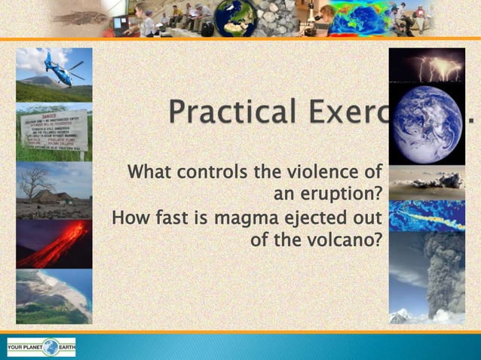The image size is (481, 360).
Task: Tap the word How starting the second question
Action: click(x=129, y=218)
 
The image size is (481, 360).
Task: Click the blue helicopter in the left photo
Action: click(x=63, y=68)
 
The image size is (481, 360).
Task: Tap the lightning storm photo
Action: click(x=427, y=66)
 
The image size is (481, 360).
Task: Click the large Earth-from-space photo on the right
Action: click(x=427, y=124)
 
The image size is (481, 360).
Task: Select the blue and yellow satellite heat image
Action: click(x=427, y=215)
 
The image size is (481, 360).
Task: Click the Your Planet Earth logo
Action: click(x=41, y=347)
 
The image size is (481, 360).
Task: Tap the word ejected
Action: click(x=312, y=218)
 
